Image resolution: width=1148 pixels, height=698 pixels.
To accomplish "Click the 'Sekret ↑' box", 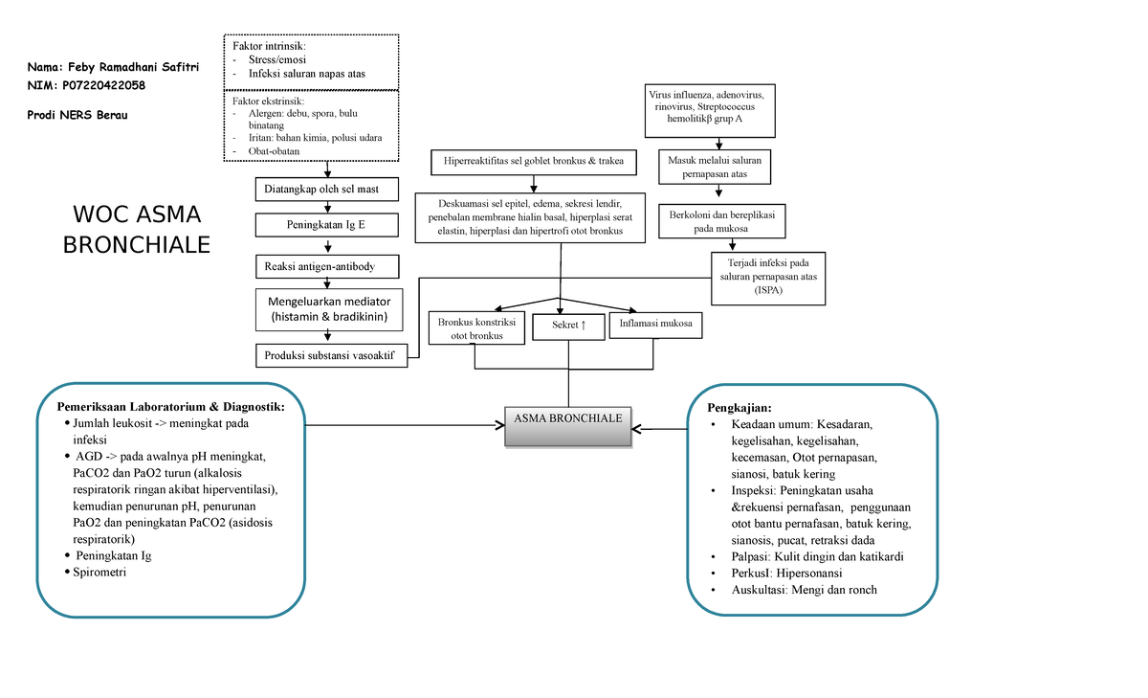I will tap(569, 326).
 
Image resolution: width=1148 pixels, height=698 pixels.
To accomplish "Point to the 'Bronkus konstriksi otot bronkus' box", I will tap(476, 328).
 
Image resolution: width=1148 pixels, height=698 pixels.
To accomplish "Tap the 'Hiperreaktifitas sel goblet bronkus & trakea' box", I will tap(534, 161).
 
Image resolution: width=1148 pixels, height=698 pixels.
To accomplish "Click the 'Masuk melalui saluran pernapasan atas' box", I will tap(717, 168).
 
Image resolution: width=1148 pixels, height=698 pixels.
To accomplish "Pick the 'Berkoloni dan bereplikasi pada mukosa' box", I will tap(721, 222).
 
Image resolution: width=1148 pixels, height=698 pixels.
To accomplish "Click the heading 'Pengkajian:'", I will tap(734, 407).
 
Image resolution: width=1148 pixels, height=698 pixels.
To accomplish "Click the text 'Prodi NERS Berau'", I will tap(77, 115).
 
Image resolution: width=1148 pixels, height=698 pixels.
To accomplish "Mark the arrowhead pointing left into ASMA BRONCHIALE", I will tap(639, 428).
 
